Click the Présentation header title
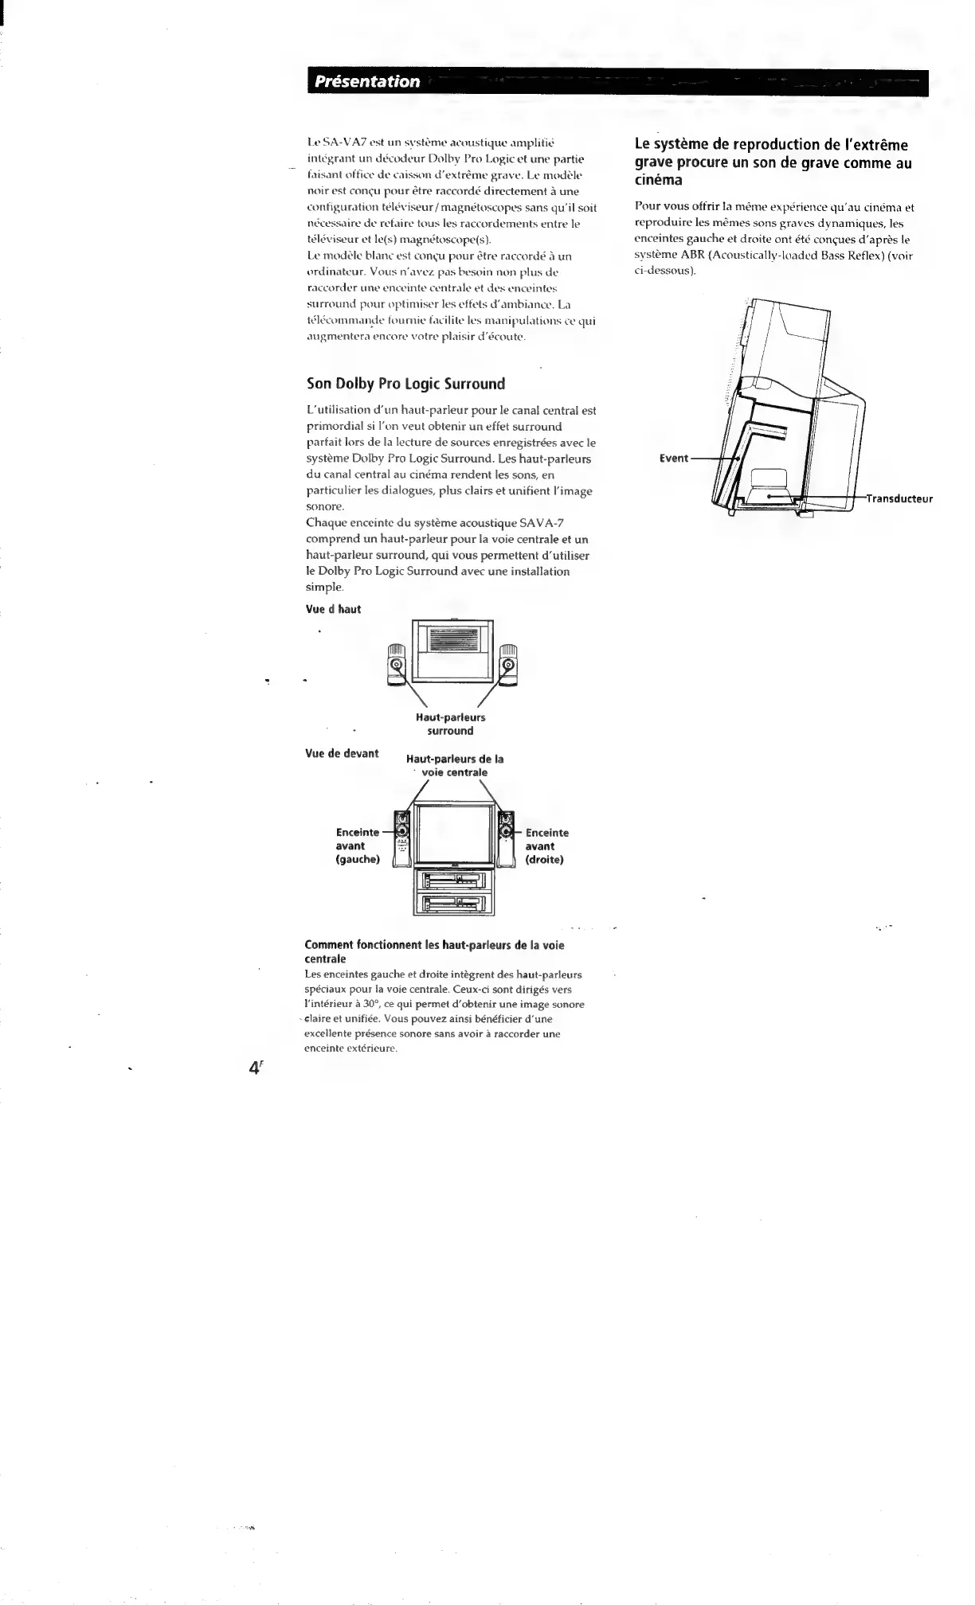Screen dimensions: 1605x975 366,81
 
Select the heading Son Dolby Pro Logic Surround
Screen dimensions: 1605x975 406,384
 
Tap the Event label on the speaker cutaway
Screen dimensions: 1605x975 673,459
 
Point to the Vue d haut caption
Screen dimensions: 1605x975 333,609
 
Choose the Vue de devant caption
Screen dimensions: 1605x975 342,753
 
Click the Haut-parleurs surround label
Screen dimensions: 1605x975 450,724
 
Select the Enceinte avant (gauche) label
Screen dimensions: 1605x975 358,846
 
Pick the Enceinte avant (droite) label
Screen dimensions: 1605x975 546,846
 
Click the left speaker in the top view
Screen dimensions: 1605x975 397,665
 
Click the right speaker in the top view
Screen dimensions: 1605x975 507,665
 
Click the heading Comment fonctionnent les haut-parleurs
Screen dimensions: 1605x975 434,952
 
